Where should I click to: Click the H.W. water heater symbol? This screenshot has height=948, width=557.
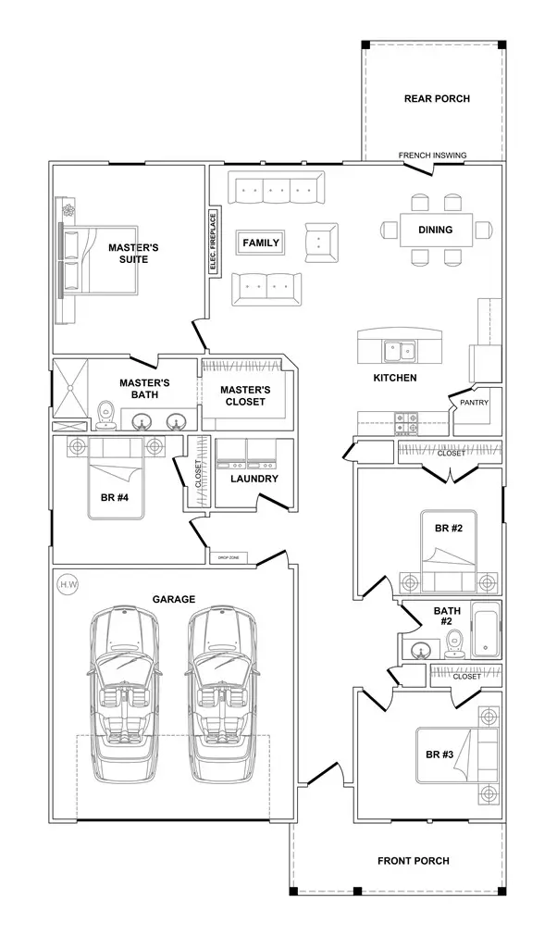tap(67, 584)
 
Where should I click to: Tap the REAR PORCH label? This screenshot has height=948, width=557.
tap(437, 99)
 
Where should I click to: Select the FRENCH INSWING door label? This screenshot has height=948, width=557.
tap(432, 155)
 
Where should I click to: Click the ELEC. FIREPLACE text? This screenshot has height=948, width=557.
tap(213, 243)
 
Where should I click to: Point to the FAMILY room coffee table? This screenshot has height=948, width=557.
tap(261, 243)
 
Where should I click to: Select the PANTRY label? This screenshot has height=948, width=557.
tap(462, 404)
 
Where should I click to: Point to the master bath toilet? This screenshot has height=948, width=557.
tap(105, 418)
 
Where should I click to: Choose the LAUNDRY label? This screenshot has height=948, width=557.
tap(254, 479)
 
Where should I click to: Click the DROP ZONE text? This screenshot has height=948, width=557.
tap(229, 556)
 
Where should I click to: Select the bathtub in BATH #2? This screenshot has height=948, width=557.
tap(484, 631)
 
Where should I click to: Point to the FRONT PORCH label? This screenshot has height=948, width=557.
tap(414, 861)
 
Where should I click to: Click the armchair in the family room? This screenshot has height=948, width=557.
tap(321, 243)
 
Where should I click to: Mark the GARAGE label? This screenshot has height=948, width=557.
tap(173, 599)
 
